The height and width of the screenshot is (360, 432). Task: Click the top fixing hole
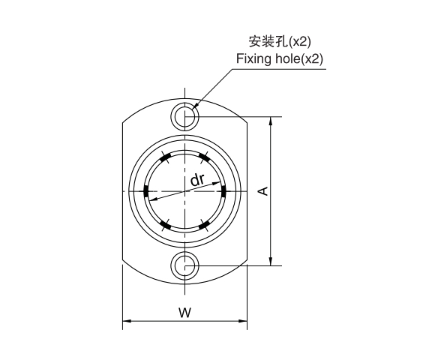coord(184,116)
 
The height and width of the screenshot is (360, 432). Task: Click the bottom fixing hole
coord(184,265)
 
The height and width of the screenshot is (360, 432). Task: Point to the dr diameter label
coord(197,179)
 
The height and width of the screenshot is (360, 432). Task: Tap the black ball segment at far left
coord(145,190)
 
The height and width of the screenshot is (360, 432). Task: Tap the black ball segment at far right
coord(224,190)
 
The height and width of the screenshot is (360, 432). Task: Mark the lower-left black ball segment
coord(165,224)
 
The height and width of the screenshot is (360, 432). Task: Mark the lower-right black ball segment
coord(204,224)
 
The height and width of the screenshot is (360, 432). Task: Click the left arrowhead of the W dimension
coord(127,322)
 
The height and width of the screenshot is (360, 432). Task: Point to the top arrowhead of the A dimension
coord(271,121)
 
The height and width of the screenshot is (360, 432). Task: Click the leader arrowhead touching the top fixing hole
coord(193,108)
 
